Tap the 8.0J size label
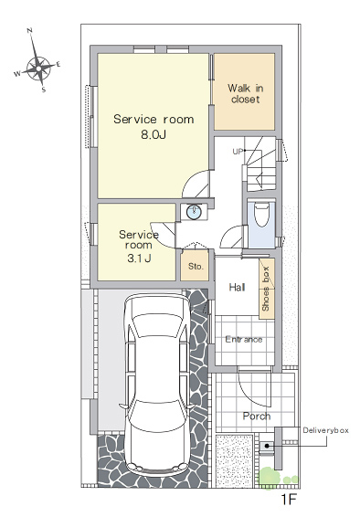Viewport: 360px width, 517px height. (x=154, y=134)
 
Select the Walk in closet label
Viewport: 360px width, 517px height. (x=245, y=94)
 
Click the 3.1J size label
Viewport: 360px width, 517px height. (x=139, y=258)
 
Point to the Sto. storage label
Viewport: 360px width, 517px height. (x=196, y=266)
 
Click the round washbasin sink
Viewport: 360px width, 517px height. (x=195, y=212)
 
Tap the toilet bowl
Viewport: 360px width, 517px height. (x=261, y=215)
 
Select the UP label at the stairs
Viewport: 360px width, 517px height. (x=238, y=152)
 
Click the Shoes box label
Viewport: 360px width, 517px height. (x=266, y=289)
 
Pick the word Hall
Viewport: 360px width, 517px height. (x=237, y=287)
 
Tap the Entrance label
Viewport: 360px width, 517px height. (x=244, y=339)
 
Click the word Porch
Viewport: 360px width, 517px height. (x=257, y=417)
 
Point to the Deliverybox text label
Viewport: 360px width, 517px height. (x=325, y=430)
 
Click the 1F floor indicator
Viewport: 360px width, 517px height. (x=289, y=500)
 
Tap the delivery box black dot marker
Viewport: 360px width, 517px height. (x=267, y=446)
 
